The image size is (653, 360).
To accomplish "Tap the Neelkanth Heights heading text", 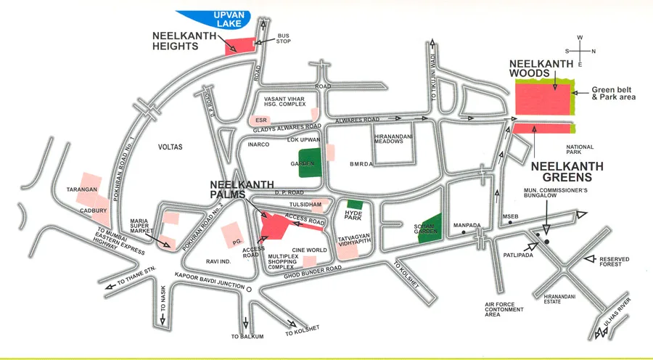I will (185, 40).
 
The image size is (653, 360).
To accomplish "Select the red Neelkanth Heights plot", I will (240, 46).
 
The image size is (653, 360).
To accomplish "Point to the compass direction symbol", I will (580, 50).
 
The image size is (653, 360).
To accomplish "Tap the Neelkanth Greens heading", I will (567, 171).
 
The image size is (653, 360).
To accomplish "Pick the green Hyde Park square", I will (355, 205).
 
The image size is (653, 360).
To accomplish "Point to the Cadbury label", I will (94, 211).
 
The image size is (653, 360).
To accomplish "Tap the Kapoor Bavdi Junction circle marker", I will (249, 289).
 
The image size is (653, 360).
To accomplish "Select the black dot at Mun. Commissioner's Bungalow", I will (547, 241).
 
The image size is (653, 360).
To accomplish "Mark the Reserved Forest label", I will (615, 261).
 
